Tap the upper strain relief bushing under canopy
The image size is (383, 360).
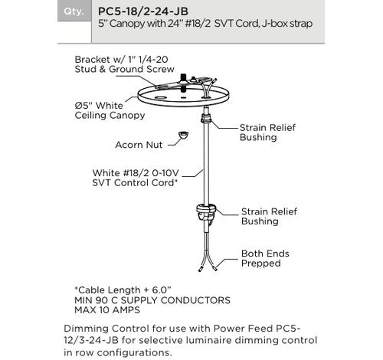point(205,120)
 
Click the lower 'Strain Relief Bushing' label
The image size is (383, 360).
point(267,214)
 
